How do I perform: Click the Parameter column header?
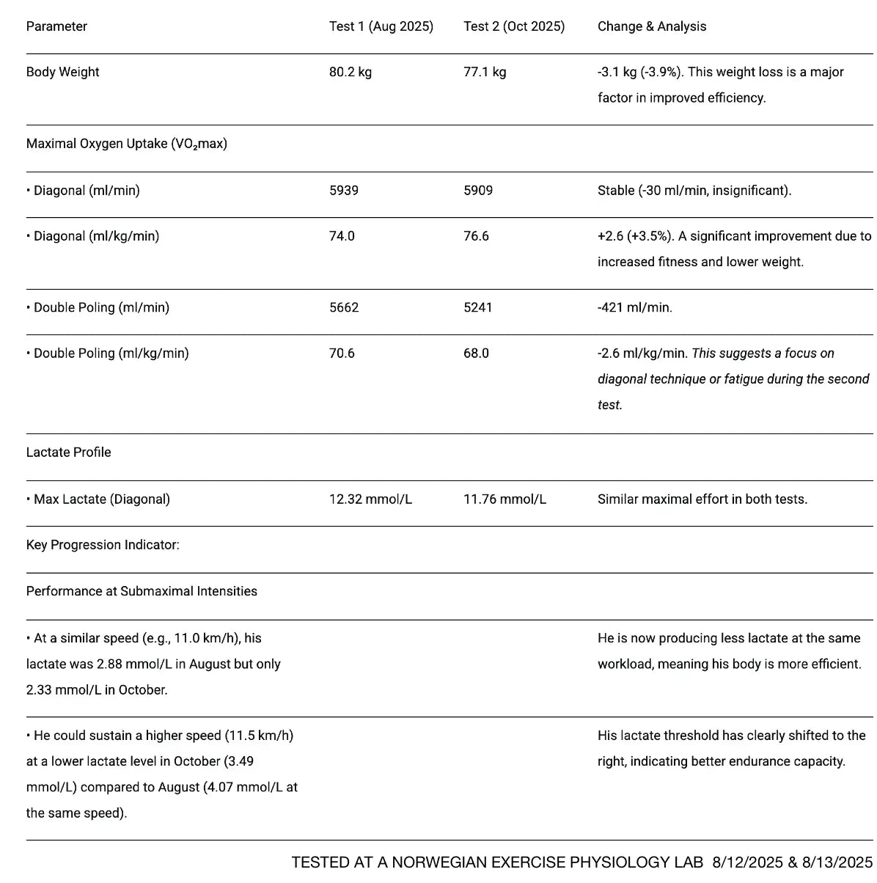pos(56,26)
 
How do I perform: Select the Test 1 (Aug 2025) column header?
pos(381,26)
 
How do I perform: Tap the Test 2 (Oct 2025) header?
pos(513,26)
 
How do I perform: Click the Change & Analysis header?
pos(651,26)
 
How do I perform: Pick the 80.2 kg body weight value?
pos(350,72)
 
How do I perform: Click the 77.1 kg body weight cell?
pos(484,72)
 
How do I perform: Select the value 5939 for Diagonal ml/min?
pos(343,191)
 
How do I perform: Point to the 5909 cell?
pos(477,191)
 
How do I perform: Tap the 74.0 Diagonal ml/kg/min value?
pos(341,236)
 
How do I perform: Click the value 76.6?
pos(476,236)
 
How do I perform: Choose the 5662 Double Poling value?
pos(343,307)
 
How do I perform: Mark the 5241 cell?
pos(477,307)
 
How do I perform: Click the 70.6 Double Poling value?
pos(341,353)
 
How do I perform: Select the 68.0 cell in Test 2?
pos(476,353)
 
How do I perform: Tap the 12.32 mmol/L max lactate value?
pos(370,499)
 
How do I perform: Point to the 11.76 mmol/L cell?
pos(504,499)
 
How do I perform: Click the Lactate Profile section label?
pos(68,453)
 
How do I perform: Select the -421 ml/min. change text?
pos(634,307)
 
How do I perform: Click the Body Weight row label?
pos(62,72)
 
